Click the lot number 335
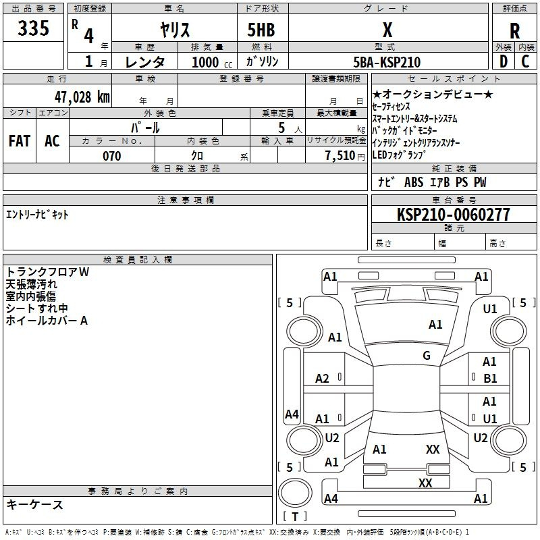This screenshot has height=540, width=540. click(33, 28)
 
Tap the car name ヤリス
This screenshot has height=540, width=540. click(175, 30)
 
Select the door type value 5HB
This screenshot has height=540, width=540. click(261, 30)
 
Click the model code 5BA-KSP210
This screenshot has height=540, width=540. click(387, 62)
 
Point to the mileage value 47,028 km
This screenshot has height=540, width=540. click(82, 97)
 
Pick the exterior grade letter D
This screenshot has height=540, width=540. click(504, 61)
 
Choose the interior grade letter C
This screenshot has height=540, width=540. click(525, 61)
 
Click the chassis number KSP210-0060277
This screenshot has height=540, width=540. click(454, 214)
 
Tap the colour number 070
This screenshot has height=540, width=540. click(112, 156)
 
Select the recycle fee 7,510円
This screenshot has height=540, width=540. click(345, 156)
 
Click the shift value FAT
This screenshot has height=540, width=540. click(20, 141)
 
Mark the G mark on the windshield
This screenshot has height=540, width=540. click(427, 355)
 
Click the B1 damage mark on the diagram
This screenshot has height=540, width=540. click(490, 379)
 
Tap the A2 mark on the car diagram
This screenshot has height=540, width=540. click(322, 379)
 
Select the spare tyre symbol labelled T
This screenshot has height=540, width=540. click(295, 516)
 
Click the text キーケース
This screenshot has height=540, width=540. click(35, 504)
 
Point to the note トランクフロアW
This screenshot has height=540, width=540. click(47, 272)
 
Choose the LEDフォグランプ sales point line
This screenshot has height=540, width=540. click(398, 155)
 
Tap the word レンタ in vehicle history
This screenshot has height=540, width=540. click(145, 62)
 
